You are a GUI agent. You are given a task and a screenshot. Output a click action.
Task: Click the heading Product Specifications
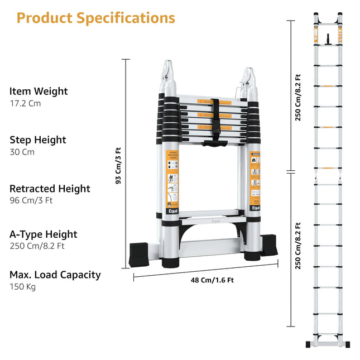point(95,18)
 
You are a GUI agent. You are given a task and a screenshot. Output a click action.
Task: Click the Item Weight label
point(39,91)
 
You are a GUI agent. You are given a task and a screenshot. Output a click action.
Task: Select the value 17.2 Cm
point(25,103)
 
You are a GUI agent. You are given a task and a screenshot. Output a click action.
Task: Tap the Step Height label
point(38,140)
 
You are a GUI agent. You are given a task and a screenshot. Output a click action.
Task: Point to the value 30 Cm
point(22,152)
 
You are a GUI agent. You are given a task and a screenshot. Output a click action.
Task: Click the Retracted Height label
point(50,189)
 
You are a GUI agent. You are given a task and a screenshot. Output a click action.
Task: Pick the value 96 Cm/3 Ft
point(31,200)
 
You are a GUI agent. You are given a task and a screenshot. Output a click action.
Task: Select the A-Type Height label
point(44,234)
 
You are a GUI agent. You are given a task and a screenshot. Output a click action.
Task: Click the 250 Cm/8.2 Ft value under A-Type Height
point(36,246)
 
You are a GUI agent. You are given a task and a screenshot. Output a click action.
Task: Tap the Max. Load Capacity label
point(55,275)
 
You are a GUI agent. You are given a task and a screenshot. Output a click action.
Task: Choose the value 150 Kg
point(22,287)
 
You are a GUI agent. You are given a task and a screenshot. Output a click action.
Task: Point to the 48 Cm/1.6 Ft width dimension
point(212,280)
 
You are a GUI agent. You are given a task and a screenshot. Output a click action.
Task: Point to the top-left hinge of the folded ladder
point(169,71)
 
